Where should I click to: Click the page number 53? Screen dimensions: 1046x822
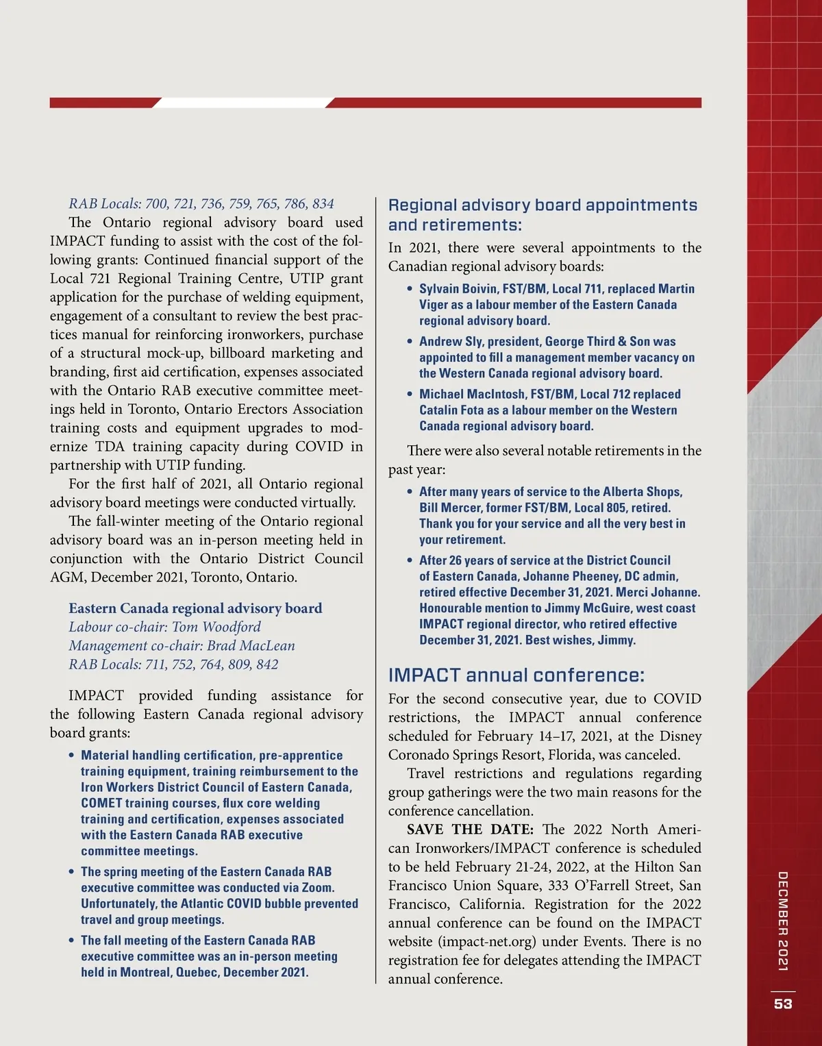click(x=783, y=1004)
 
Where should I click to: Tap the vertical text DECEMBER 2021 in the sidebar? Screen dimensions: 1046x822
click(x=783, y=921)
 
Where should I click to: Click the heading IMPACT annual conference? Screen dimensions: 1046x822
click(x=516, y=675)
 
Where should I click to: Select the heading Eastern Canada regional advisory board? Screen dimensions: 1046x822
click(x=195, y=608)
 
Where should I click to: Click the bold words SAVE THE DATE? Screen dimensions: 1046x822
click(x=470, y=830)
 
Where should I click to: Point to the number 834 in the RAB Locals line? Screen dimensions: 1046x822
click(x=323, y=203)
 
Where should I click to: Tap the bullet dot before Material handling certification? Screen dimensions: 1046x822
click(x=71, y=756)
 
